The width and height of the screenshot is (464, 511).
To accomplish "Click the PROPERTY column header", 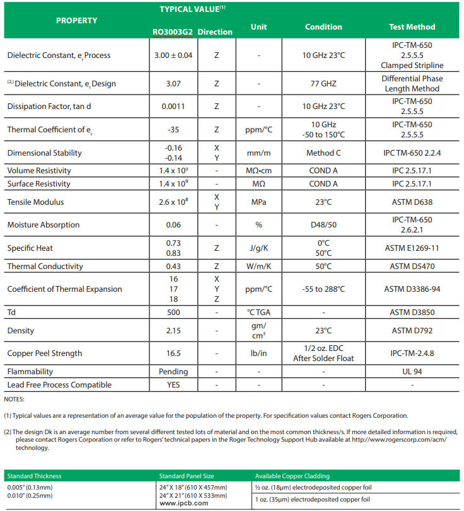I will click(x=76, y=21).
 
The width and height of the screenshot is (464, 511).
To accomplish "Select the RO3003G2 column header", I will click(x=172, y=32).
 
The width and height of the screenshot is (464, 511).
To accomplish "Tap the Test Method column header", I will click(x=412, y=27).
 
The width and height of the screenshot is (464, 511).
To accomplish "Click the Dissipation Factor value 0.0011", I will click(x=172, y=106).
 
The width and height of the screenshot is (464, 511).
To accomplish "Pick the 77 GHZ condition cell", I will click(x=323, y=83).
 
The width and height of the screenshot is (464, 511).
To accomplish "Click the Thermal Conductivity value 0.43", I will click(x=172, y=267).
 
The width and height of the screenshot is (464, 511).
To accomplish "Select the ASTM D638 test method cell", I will click(x=412, y=202).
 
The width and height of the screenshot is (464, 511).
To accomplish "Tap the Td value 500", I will click(x=172, y=312).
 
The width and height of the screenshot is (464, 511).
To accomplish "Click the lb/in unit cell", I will click(x=259, y=353).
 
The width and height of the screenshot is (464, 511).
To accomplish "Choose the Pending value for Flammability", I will click(x=172, y=372).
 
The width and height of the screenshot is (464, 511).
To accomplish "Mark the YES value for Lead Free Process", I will click(x=172, y=385).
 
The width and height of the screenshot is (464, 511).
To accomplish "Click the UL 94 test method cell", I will click(x=412, y=372).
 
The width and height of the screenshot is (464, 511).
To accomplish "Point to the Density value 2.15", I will click(x=172, y=331).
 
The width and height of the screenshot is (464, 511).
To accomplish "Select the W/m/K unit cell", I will click(x=259, y=267).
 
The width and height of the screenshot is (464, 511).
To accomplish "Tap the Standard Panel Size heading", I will click(x=187, y=476).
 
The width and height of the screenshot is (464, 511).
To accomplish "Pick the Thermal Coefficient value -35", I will click(x=172, y=130).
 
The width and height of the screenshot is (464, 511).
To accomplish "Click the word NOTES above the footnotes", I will click(x=14, y=399).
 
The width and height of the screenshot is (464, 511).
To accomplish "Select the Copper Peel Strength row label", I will click(x=44, y=353).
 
